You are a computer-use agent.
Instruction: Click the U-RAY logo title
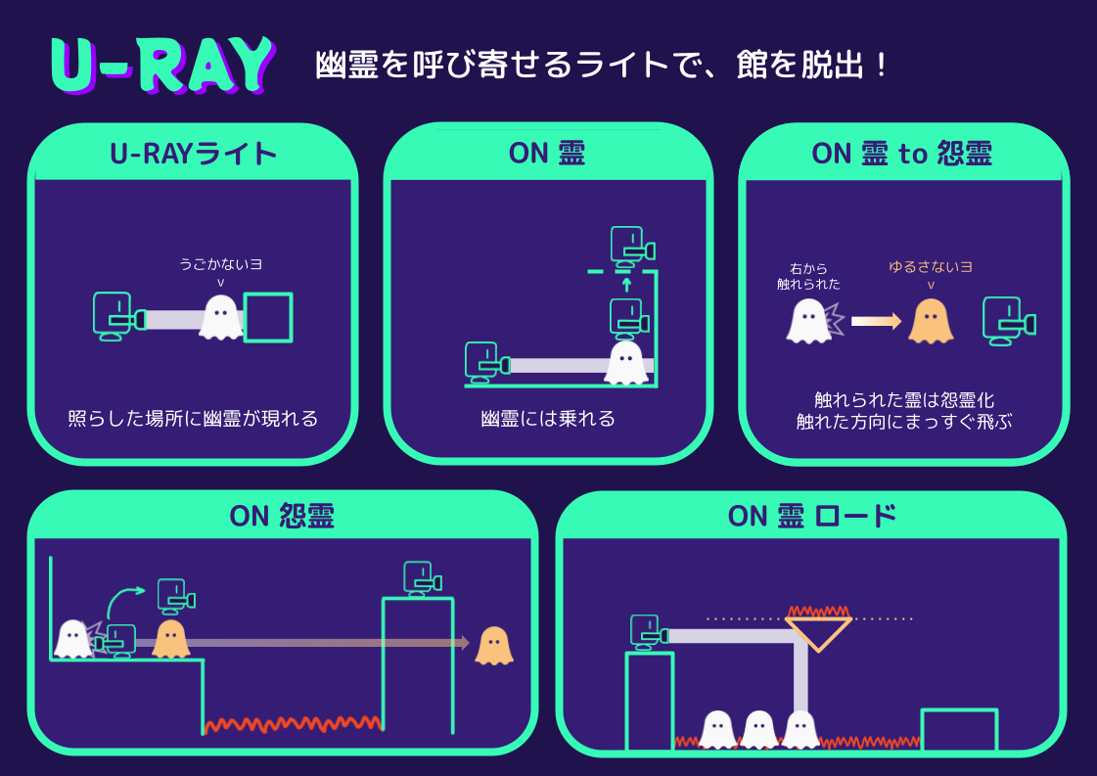pyautogui.click(x=162, y=67)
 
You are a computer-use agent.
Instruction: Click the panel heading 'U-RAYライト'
pyautogui.click(x=193, y=154)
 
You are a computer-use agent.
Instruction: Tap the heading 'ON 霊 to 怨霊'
pyautogui.click(x=901, y=154)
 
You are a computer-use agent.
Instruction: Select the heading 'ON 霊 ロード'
pyautogui.click(x=811, y=516)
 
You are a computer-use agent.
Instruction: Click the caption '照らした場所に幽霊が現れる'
pyautogui.click(x=193, y=419)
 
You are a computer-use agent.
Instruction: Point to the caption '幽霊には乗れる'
pyautogui.click(x=548, y=419)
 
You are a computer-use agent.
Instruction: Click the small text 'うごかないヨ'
pyautogui.click(x=220, y=264)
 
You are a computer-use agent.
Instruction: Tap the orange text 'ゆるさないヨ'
pyautogui.click(x=930, y=266)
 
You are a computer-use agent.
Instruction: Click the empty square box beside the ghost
pyautogui.click(x=268, y=317)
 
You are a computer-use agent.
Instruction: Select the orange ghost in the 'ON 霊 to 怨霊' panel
pyautogui.click(x=931, y=321)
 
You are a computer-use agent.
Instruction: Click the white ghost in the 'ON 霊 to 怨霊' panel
pyautogui.click(x=808, y=321)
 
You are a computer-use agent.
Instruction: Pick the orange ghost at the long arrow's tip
pyautogui.click(x=494, y=646)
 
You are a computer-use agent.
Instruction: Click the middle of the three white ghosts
pyautogui.click(x=759, y=729)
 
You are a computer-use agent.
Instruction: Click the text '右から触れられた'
pyautogui.click(x=808, y=276)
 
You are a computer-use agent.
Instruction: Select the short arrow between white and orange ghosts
pyautogui.click(x=875, y=321)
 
